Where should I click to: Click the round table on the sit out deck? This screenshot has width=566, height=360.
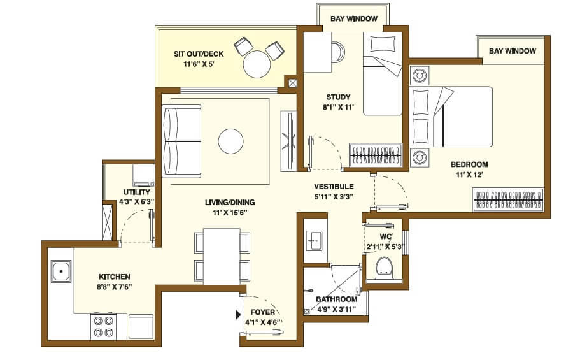[x=257, y=64]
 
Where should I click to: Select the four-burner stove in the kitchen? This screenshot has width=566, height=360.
[x=103, y=326]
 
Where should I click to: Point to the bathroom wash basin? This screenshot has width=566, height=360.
[x=313, y=239]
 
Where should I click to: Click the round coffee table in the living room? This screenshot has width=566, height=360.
[x=230, y=141]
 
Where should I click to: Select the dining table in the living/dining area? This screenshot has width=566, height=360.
[x=222, y=256]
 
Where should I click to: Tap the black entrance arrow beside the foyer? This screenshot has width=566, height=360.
[x=239, y=314]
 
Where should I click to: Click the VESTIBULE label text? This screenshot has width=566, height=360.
[x=334, y=187]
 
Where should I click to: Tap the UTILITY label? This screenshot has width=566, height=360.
[x=137, y=192]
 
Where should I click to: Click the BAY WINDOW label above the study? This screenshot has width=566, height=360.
[x=353, y=19]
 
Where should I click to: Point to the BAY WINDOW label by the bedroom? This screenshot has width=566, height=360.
[x=512, y=51]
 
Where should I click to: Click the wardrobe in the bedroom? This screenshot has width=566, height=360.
[x=508, y=199]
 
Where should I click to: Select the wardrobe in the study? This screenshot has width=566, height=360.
[x=377, y=155]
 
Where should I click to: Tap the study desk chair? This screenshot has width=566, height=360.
[x=336, y=50]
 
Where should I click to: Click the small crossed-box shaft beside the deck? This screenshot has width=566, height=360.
[x=292, y=83]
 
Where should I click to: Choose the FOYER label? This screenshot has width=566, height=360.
[x=263, y=312]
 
